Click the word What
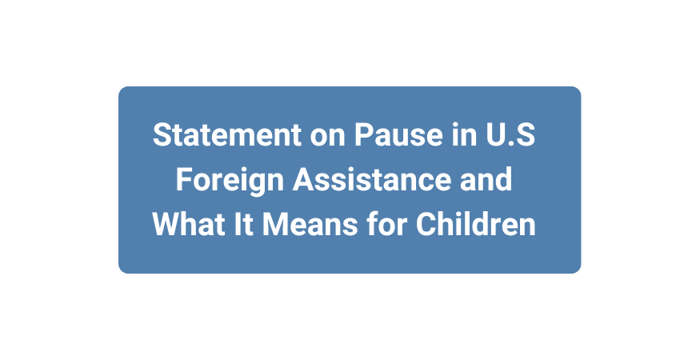pyautogui.click(x=182, y=224)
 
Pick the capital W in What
pyautogui.click(x=164, y=224)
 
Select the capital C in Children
pyautogui.click(x=425, y=224)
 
